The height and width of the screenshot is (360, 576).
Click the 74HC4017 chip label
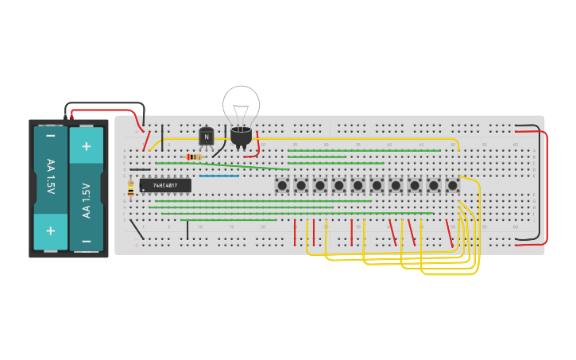(x=165, y=185)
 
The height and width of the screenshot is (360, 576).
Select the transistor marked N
(x=207, y=137)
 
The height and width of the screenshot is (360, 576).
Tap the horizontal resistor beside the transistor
(x=194, y=157)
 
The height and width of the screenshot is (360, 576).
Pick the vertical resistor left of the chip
(x=130, y=188)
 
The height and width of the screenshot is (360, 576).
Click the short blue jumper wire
(x=218, y=176)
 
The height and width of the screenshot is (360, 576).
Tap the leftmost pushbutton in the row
(x=282, y=185)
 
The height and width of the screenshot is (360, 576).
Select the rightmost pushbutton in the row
(x=453, y=185)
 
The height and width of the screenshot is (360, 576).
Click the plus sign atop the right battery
(x=87, y=146)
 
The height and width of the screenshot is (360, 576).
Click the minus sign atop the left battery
(x=51, y=136)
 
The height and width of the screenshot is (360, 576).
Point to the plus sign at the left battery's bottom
(x=51, y=230)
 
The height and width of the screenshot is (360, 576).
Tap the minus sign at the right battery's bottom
(x=87, y=241)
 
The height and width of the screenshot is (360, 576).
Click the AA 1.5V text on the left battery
(x=51, y=183)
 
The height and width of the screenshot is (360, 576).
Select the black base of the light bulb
(x=241, y=137)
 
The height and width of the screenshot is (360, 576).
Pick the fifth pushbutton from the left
(x=358, y=185)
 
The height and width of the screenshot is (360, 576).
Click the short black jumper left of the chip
(x=140, y=169)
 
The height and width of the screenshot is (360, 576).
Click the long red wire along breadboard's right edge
(x=547, y=187)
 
